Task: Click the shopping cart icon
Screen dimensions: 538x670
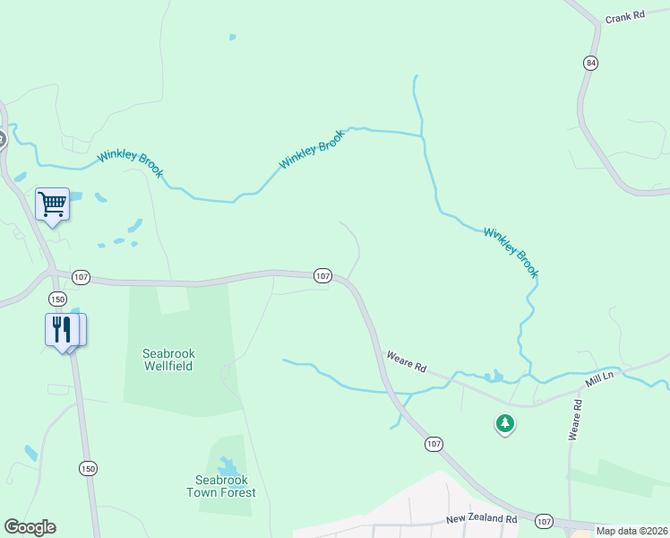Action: [52, 204]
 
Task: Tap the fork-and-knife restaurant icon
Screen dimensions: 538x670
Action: [61, 329]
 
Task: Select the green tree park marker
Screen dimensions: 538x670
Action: [505, 422]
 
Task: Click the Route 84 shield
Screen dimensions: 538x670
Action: [589, 63]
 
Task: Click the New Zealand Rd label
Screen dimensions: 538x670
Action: [482, 519]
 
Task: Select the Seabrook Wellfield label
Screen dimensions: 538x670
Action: [168, 360]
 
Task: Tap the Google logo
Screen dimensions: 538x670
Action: [30, 527]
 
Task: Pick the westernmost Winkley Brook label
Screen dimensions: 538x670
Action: [130, 162]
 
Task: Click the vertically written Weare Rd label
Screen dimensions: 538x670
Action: [576, 420]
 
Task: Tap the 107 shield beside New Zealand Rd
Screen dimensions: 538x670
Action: [544, 521]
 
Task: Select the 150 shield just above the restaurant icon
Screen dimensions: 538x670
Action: [58, 299]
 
